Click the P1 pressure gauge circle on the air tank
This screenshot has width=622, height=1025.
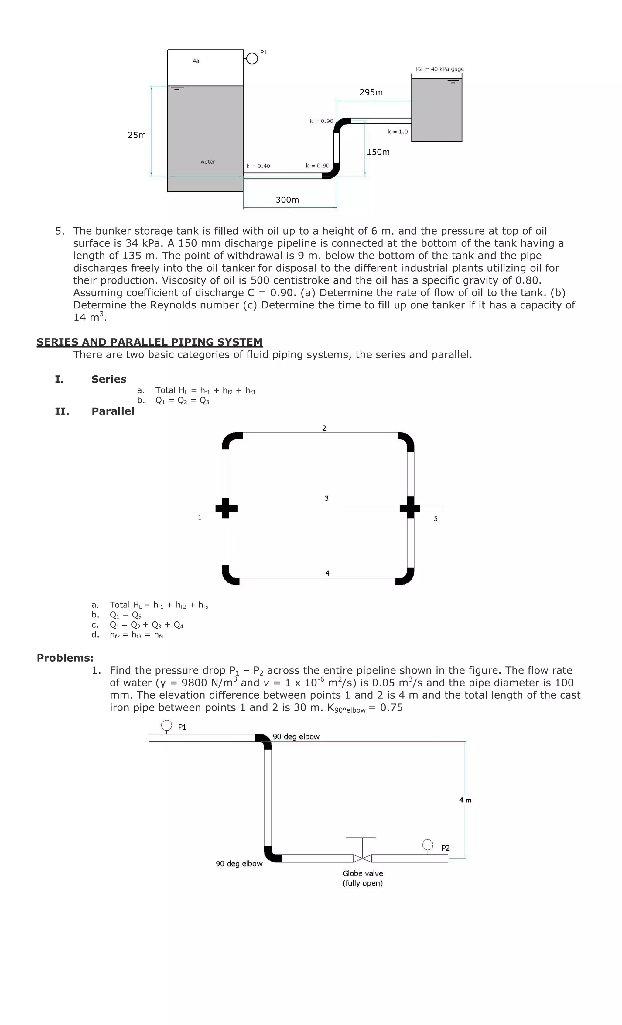(251, 59)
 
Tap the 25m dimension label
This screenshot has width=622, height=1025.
(137, 135)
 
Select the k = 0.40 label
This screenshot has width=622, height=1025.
(258, 166)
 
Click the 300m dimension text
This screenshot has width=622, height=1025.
(287, 200)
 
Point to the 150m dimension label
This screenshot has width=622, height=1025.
(378, 152)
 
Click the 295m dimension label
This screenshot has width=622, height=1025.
(371, 92)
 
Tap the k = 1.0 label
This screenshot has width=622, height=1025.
(398, 132)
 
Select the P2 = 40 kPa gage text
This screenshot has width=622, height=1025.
(439, 69)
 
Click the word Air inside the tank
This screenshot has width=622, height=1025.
(196, 61)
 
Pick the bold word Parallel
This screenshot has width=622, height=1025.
(113, 411)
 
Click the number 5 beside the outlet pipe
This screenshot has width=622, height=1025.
(436, 519)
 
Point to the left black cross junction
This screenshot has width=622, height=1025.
(226, 508)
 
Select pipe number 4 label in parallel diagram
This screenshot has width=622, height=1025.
(327, 573)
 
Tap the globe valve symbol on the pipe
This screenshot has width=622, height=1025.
(362, 858)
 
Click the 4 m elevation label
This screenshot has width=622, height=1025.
(465, 800)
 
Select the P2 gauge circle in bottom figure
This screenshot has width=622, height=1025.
(427, 844)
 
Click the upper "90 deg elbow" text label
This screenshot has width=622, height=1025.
(296, 737)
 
